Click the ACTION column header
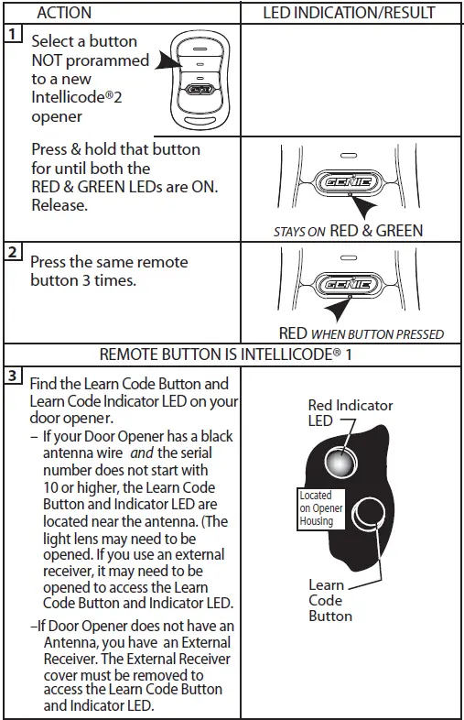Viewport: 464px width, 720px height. [65, 13]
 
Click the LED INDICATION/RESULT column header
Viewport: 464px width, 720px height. [349, 13]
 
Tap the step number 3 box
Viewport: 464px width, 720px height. [10, 376]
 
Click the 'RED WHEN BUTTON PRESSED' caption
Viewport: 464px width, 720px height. [361, 333]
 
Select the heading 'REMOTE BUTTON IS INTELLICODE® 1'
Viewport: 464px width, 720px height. [232, 354]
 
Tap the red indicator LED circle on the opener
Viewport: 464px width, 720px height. [339, 464]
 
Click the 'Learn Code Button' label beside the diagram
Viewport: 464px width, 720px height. [327, 600]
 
